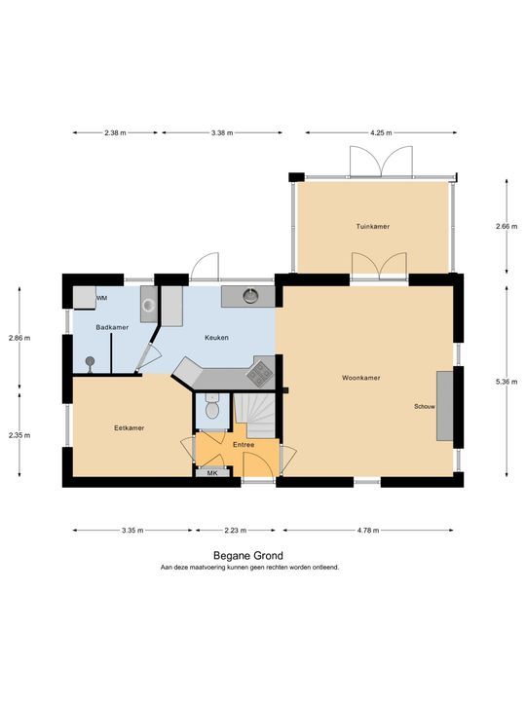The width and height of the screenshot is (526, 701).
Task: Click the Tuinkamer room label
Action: (372, 226)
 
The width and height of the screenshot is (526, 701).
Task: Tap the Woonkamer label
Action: (361, 378)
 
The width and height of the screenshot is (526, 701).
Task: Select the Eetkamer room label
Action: (129, 427)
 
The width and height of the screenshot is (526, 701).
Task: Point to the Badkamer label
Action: (112, 327)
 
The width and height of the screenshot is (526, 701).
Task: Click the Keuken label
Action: (216, 338)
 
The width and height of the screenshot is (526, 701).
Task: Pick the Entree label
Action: (244, 445)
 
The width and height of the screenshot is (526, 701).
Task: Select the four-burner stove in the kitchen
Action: (260, 373)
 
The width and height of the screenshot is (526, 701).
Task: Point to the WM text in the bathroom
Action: (101, 298)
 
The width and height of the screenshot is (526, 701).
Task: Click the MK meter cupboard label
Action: (212, 472)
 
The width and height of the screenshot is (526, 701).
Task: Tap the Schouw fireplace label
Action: (425, 407)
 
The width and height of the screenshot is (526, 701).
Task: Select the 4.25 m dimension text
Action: (381, 132)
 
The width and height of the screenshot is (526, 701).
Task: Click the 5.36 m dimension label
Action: (507, 382)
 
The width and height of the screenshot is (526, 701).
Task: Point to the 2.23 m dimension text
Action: (236, 531)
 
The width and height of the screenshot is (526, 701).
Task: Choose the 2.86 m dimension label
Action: (19, 338)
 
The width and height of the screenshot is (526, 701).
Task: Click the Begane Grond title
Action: (248, 556)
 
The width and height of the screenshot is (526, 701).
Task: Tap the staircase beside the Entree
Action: (255, 416)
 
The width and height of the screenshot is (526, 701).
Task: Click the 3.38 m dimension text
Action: (222, 132)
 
